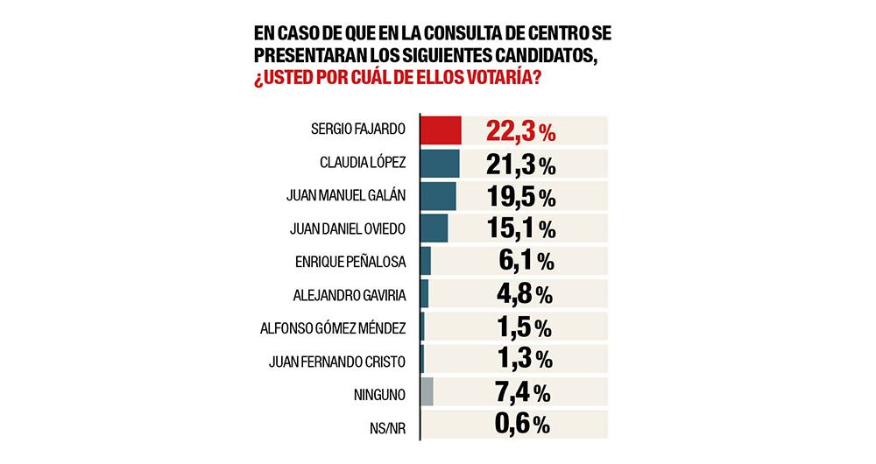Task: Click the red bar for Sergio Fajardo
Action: pos(441,131)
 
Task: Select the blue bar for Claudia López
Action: pos(440,164)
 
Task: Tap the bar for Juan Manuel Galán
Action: pos(438,196)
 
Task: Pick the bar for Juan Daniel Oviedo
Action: pos(434,228)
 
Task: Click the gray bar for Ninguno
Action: pos(427,392)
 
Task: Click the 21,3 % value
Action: pos(520,165)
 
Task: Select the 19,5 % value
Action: pos(520,197)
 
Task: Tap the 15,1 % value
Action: pos(520,229)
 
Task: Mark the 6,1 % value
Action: pos(525,262)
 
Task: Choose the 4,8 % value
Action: pos(525,294)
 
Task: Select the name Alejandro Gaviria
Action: pos(350,295)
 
